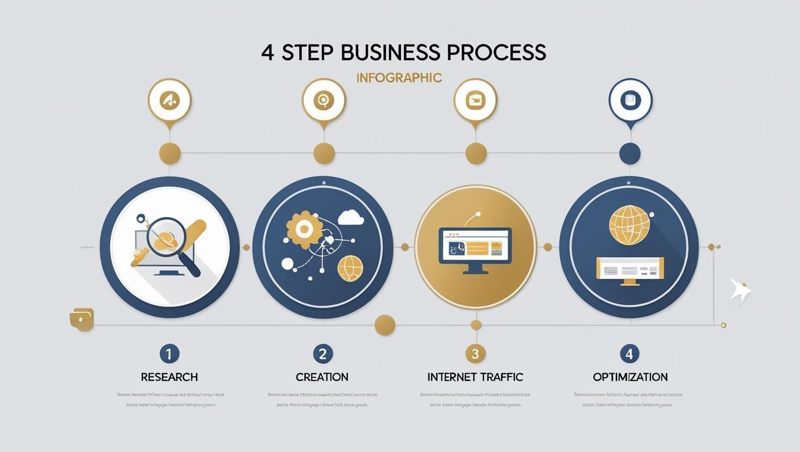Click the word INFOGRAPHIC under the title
click(x=399, y=78)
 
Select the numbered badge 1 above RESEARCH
click(x=169, y=354)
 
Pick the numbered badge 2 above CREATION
click(x=322, y=354)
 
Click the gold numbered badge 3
click(x=475, y=354)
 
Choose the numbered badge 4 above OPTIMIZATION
click(x=629, y=354)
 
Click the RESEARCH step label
click(x=169, y=377)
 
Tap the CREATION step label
click(x=322, y=377)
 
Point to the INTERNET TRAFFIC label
click(x=475, y=377)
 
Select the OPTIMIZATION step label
click(x=630, y=377)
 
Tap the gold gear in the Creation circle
click(x=301, y=229)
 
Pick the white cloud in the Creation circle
click(x=351, y=218)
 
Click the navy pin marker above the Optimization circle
click(x=630, y=101)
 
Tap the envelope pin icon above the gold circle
click(x=476, y=101)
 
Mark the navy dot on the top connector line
click(x=630, y=154)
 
